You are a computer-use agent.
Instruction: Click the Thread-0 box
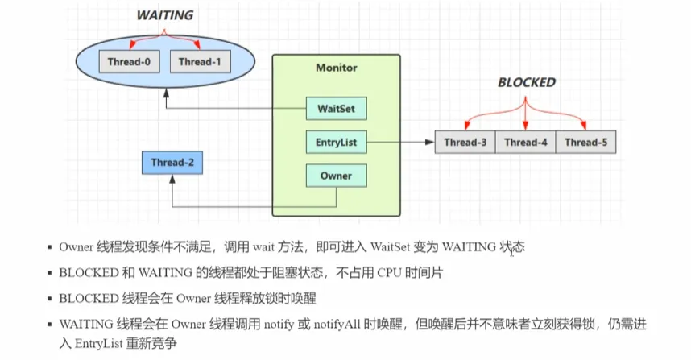(129, 62)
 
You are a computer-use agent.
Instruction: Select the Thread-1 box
(200, 62)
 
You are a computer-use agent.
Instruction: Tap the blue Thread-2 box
(172, 163)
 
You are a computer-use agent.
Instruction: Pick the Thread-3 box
(465, 142)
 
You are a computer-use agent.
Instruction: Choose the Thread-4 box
(525, 142)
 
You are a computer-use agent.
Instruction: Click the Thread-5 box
(585, 142)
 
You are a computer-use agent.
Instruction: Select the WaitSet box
(337, 109)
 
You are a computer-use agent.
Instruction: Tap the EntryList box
(337, 142)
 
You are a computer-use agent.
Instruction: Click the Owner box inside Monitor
(337, 176)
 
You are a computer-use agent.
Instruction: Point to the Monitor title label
(337, 68)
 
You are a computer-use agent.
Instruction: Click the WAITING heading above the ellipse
(165, 15)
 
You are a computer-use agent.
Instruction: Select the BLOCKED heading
(527, 82)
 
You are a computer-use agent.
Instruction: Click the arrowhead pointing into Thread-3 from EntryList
(430, 142)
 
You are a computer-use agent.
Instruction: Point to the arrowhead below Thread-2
(172, 179)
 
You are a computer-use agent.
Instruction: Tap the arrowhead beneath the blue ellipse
(166, 93)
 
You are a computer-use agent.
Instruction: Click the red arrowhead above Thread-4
(525, 126)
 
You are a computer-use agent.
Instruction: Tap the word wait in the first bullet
(264, 247)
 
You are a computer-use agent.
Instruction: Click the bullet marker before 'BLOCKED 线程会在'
(49, 299)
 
